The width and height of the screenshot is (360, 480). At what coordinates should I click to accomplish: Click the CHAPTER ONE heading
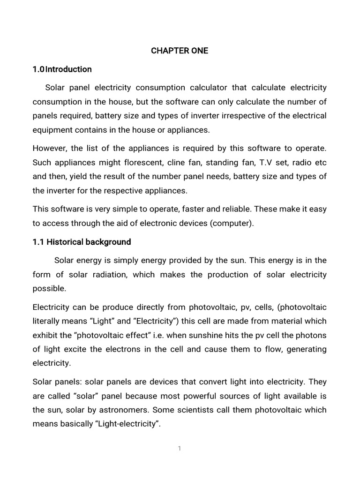pyautogui.click(x=180, y=51)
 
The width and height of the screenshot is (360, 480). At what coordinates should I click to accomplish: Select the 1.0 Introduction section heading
pyautogui.click(x=62, y=69)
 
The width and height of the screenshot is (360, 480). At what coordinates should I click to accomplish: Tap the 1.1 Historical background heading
pyautogui.click(x=82, y=242)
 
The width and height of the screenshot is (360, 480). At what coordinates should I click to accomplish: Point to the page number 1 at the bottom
pyautogui.click(x=180, y=449)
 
